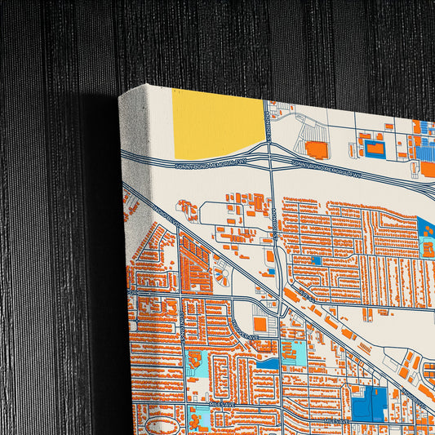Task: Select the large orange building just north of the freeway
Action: (x=316, y=149)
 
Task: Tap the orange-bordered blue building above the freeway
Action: (x=375, y=148)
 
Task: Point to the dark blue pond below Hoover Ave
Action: (x=270, y=362)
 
